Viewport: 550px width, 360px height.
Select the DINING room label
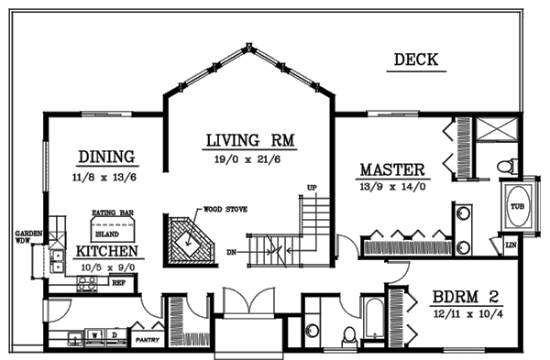click(106, 157)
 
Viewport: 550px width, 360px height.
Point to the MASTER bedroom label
click(391, 170)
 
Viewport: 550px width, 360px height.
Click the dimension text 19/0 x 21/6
click(253, 158)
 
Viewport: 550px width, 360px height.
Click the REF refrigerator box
click(118, 283)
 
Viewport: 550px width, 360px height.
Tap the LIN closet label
click(511, 245)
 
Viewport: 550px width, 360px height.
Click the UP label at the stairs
click(312, 188)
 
